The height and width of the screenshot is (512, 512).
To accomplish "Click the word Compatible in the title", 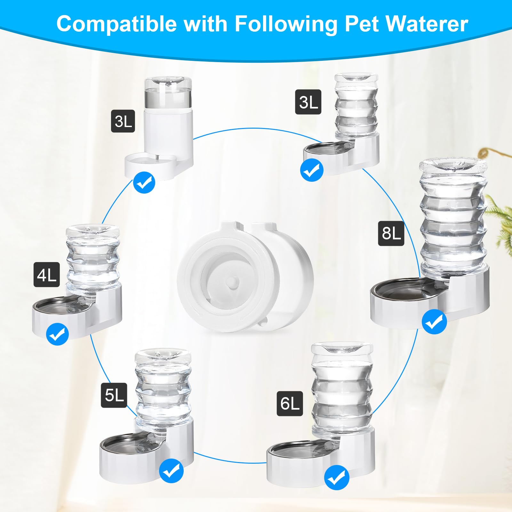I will click(x=116, y=24).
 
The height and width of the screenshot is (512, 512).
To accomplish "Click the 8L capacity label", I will click(x=391, y=233).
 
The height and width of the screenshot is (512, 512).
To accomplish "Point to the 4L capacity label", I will click(x=47, y=275).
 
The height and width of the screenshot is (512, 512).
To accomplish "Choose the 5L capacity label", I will click(x=114, y=395).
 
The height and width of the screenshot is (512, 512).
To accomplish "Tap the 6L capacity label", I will click(x=290, y=403).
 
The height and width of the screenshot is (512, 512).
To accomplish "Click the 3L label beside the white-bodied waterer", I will click(x=123, y=121).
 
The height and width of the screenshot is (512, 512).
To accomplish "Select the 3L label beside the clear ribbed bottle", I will click(x=308, y=102).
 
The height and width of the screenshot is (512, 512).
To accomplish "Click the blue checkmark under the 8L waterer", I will click(x=434, y=322).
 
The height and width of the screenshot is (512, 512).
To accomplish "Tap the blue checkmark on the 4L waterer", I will click(x=57, y=334).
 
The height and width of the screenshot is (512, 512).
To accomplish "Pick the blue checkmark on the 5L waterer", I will click(x=171, y=471).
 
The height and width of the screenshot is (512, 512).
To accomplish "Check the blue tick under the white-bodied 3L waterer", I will click(x=144, y=182).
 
